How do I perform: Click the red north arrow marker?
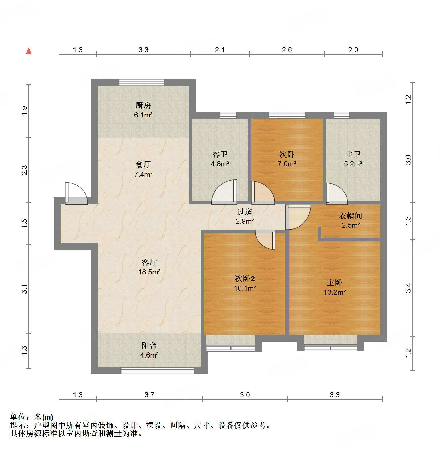coord(29,51)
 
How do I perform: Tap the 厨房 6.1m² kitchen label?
coord(143,110)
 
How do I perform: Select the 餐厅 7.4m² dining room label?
coord(143,169)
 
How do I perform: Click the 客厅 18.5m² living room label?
coord(149,267)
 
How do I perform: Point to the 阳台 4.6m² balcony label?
coord(149,350)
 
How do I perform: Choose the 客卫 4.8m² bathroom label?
coord(220,159)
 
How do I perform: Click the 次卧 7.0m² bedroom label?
coord(287,159)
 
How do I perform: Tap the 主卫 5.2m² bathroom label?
coord(353,159)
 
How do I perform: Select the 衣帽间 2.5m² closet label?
coord(351,220)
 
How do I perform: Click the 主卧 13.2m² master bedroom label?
coord(335,287)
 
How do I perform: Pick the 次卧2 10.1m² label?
coord(245,283)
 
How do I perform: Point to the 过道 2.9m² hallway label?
coord(245,216)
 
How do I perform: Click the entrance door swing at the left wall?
coord(76,193)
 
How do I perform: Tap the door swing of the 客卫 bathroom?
coord(225,192)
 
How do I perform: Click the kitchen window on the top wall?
coord(142,82)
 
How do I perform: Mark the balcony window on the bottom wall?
coord(157,370)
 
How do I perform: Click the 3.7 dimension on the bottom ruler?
coord(149,395)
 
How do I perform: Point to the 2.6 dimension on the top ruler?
coord(287,50)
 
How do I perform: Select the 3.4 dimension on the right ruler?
coord(408,288)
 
